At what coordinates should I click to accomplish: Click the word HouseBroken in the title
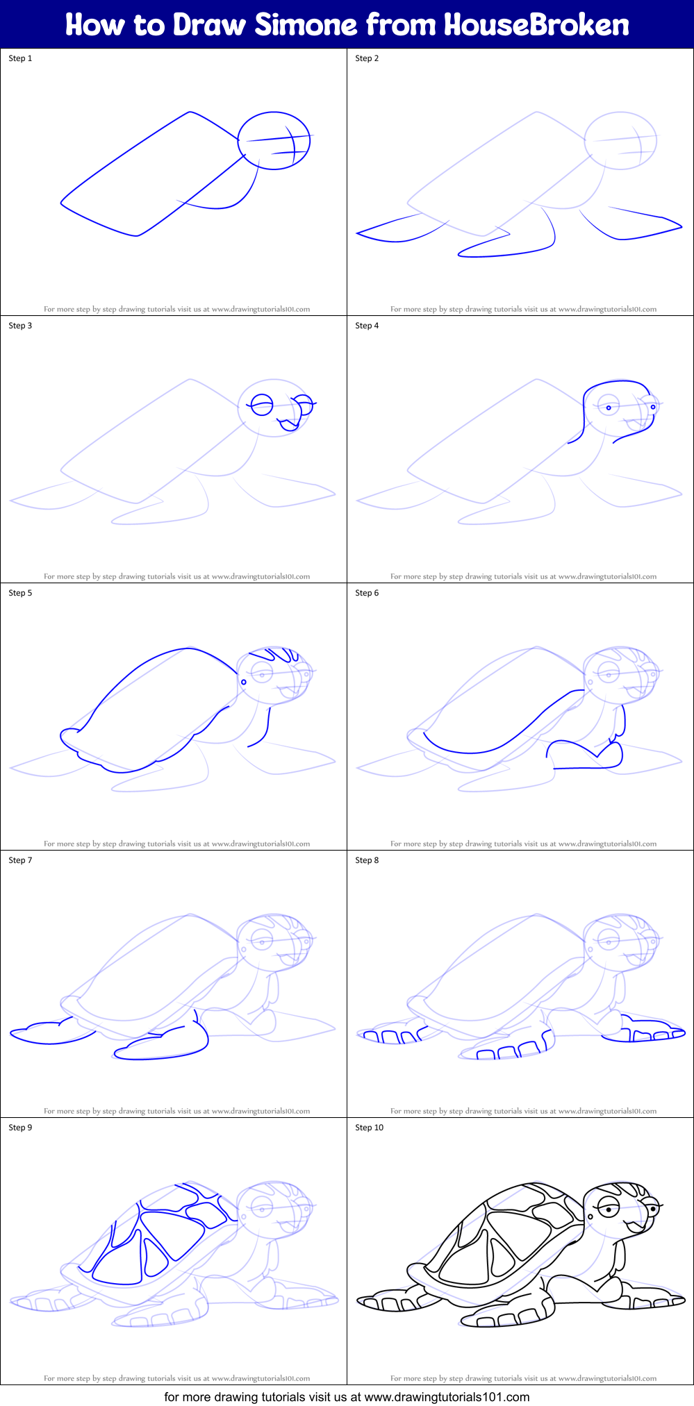[536, 25]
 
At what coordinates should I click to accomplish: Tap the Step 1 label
[20, 58]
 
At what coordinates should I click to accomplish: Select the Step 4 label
[367, 326]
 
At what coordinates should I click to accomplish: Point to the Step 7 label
[20, 860]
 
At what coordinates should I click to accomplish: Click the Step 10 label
[369, 1128]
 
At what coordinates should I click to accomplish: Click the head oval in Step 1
[273, 140]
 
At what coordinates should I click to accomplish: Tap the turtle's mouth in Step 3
[287, 424]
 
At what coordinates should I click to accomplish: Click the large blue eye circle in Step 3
[262, 405]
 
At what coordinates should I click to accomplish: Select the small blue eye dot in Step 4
[609, 408]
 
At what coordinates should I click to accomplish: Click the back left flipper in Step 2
[399, 230]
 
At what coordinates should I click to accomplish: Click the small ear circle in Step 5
[244, 683]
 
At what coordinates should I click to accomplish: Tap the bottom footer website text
[347, 1396]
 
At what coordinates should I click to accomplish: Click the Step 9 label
[20, 1128]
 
